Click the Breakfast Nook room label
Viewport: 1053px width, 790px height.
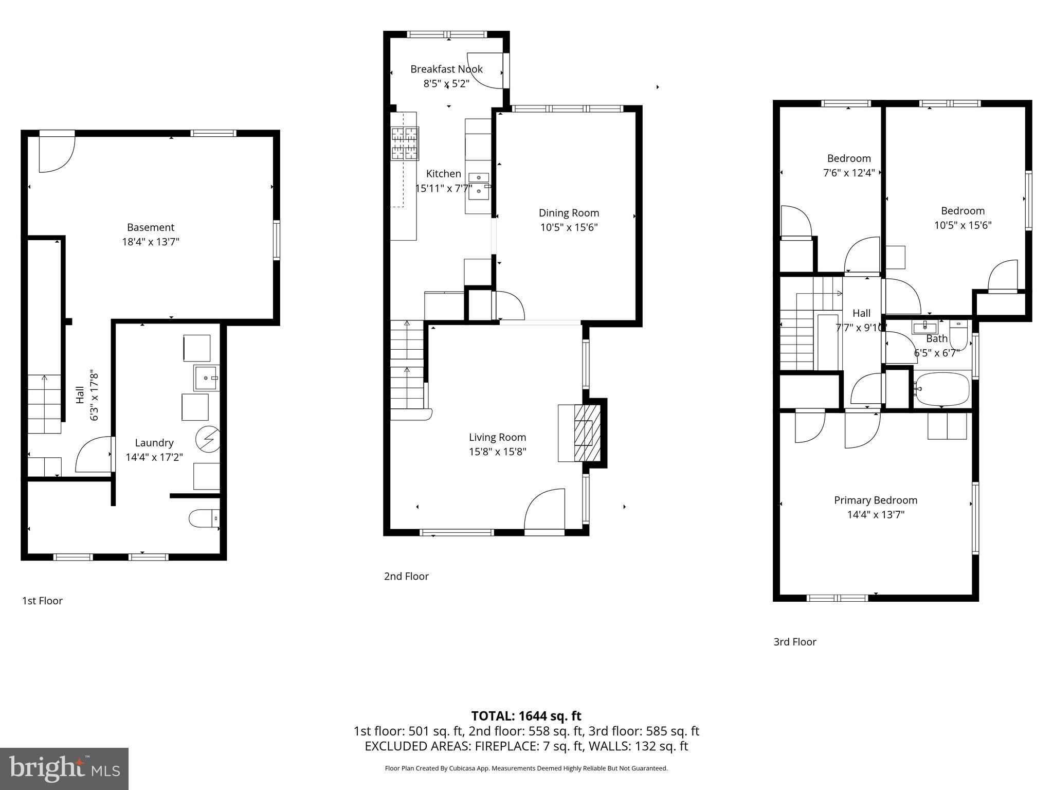pyautogui.click(x=446, y=69)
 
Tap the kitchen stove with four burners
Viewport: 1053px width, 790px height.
pyautogui.click(x=405, y=143)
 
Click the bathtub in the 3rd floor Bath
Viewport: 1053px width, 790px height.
pyautogui.click(x=941, y=389)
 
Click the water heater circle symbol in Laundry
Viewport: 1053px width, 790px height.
pyautogui.click(x=208, y=440)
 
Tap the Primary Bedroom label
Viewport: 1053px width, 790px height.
pyautogui.click(x=875, y=500)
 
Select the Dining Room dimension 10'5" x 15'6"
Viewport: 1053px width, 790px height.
pyautogui.click(x=569, y=227)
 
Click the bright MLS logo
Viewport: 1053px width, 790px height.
pyautogui.click(x=64, y=768)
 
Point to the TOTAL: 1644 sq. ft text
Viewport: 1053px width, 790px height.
pyautogui.click(x=526, y=716)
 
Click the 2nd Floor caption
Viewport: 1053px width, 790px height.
pyautogui.click(x=406, y=576)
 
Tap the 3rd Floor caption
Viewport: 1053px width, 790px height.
pyautogui.click(x=794, y=642)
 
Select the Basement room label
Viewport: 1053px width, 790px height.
pyautogui.click(x=151, y=227)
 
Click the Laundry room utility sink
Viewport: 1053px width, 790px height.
pyautogui.click(x=206, y=378)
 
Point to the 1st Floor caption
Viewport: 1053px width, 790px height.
pyautogui.click(x=42, y=601)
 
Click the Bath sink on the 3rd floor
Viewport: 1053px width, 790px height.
pyautogui.click(x=925, y=327)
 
